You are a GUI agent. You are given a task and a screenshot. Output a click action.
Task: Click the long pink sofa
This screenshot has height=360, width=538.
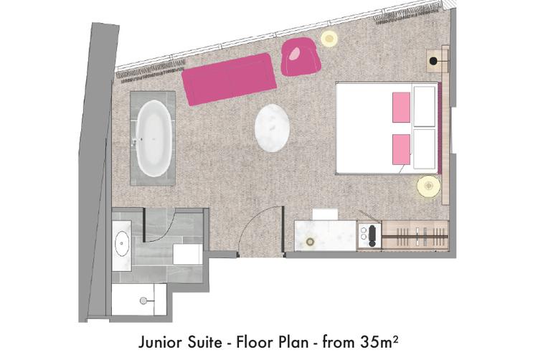(x=230, y=79)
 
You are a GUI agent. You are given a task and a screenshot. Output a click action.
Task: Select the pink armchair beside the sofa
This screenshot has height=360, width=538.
(x=301, y=57)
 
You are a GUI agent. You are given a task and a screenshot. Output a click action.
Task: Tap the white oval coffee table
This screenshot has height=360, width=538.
(x=272, y=128)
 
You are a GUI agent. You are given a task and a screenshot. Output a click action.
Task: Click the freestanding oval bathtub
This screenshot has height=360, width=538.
(x=154, y=138)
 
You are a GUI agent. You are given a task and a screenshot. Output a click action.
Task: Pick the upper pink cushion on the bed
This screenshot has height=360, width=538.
(x=401, y=108)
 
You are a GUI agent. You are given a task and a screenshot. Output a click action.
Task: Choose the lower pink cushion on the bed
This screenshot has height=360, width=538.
(x=401, y=149)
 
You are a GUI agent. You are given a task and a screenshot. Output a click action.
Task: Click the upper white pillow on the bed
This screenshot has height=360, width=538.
(x=425, y=107)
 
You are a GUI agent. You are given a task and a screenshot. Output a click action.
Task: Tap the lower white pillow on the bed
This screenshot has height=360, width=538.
(x=425, y=148)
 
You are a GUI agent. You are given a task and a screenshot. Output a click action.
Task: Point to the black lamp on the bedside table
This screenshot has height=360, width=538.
(x=434, y=61)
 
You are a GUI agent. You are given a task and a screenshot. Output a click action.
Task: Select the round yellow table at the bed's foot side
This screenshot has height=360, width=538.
(x=428, y=186)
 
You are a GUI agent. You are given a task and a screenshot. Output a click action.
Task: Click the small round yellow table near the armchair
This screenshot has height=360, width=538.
(x=329, y=38)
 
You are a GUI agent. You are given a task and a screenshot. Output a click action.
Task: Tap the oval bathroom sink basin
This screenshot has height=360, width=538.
(x=121, y=243)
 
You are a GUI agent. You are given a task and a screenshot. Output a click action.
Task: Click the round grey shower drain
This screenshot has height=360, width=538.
(x=143, y=300)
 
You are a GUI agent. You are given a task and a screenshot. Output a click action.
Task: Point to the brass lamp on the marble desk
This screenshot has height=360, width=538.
(x=310, y=242)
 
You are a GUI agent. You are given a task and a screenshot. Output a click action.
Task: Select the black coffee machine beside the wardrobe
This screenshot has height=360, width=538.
(x=372, y=237)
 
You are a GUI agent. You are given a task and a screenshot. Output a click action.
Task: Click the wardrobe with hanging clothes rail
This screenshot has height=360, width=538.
(x=415, y=236)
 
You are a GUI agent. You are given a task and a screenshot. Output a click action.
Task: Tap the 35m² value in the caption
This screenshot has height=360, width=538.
(x=379, y=341)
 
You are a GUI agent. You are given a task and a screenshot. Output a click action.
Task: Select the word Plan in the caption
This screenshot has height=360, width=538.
(x=294, y=342)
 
